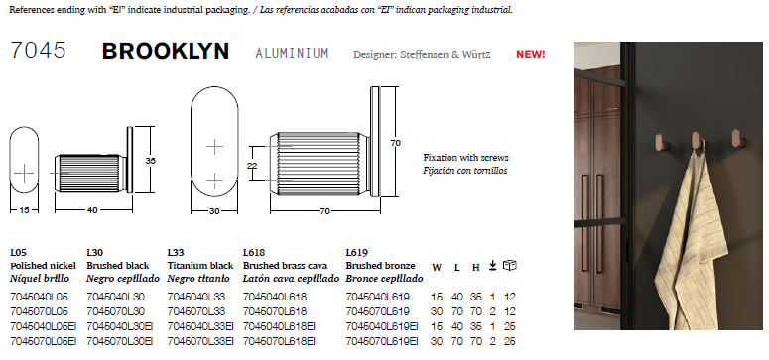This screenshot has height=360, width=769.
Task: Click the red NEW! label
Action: (530, 54)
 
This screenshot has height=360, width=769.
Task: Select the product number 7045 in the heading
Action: (39, 51)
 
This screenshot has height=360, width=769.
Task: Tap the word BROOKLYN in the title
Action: (166, 51)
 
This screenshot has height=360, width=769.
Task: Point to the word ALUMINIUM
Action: (292, 53)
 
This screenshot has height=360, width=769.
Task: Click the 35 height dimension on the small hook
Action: (150, 161)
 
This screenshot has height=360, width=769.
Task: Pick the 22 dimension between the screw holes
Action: (252, 166)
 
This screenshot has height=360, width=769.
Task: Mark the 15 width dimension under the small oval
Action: (24, 210)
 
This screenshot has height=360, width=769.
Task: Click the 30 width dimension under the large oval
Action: (214, 211)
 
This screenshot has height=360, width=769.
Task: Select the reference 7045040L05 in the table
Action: (40, 297)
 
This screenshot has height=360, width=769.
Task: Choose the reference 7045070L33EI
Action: (200, 341)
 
